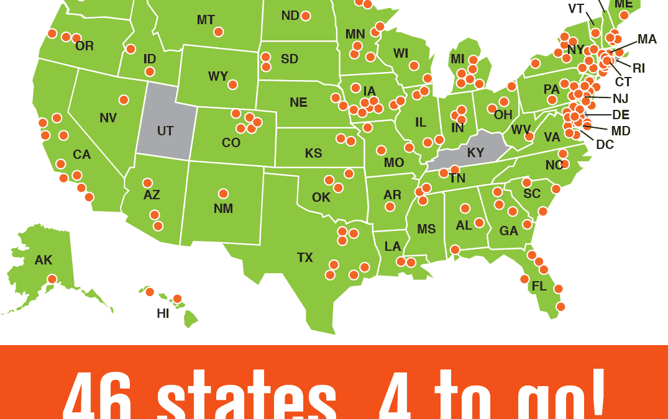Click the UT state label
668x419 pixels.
point(165,131)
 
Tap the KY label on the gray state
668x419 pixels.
point(475,153)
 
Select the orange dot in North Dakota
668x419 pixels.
point(306,16)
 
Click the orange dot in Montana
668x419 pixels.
point(219,32)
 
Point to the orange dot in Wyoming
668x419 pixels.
point(233,84)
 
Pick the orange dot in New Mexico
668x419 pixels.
point(223,194)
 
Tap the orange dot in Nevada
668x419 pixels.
point(124,100)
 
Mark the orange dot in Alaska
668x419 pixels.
point(52,279)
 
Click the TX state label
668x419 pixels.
point(305,258)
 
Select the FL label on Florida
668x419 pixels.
point(539,287)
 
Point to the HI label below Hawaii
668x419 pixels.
point(163,314)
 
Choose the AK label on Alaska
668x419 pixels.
point(43,260)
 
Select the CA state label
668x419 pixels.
point(82,155)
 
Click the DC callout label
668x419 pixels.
point(605,145)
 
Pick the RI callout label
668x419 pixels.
point(639,68)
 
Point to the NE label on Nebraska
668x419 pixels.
point(298,102)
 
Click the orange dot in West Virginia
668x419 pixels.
point(529,136)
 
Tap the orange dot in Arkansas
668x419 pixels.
point(390,207)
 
